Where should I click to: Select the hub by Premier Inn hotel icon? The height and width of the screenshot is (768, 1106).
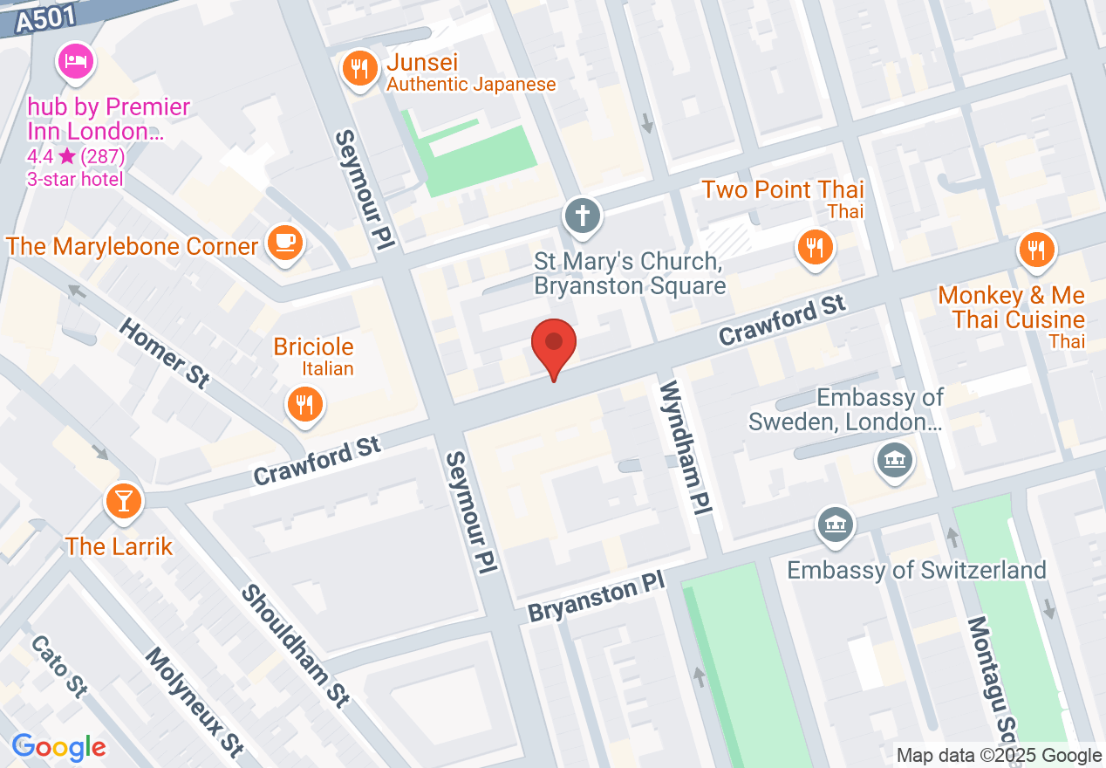[76, 62]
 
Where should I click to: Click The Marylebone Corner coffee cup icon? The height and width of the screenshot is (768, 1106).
[284, 243]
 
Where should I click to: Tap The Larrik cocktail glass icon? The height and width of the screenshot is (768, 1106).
[123, 501]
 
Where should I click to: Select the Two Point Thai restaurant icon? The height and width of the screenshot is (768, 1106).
[815, 247]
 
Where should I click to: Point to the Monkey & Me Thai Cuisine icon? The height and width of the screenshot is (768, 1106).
[1036, 250]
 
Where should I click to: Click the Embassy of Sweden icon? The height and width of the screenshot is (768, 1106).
[895, 459]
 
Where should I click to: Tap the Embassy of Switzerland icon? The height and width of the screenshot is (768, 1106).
[836, 525]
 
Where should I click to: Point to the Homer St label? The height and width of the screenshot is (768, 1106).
[164, 353]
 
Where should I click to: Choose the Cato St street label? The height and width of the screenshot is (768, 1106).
[58, 665]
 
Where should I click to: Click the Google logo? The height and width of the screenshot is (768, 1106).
[59, 747]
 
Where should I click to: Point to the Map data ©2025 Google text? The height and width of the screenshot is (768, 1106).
[999, 756]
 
